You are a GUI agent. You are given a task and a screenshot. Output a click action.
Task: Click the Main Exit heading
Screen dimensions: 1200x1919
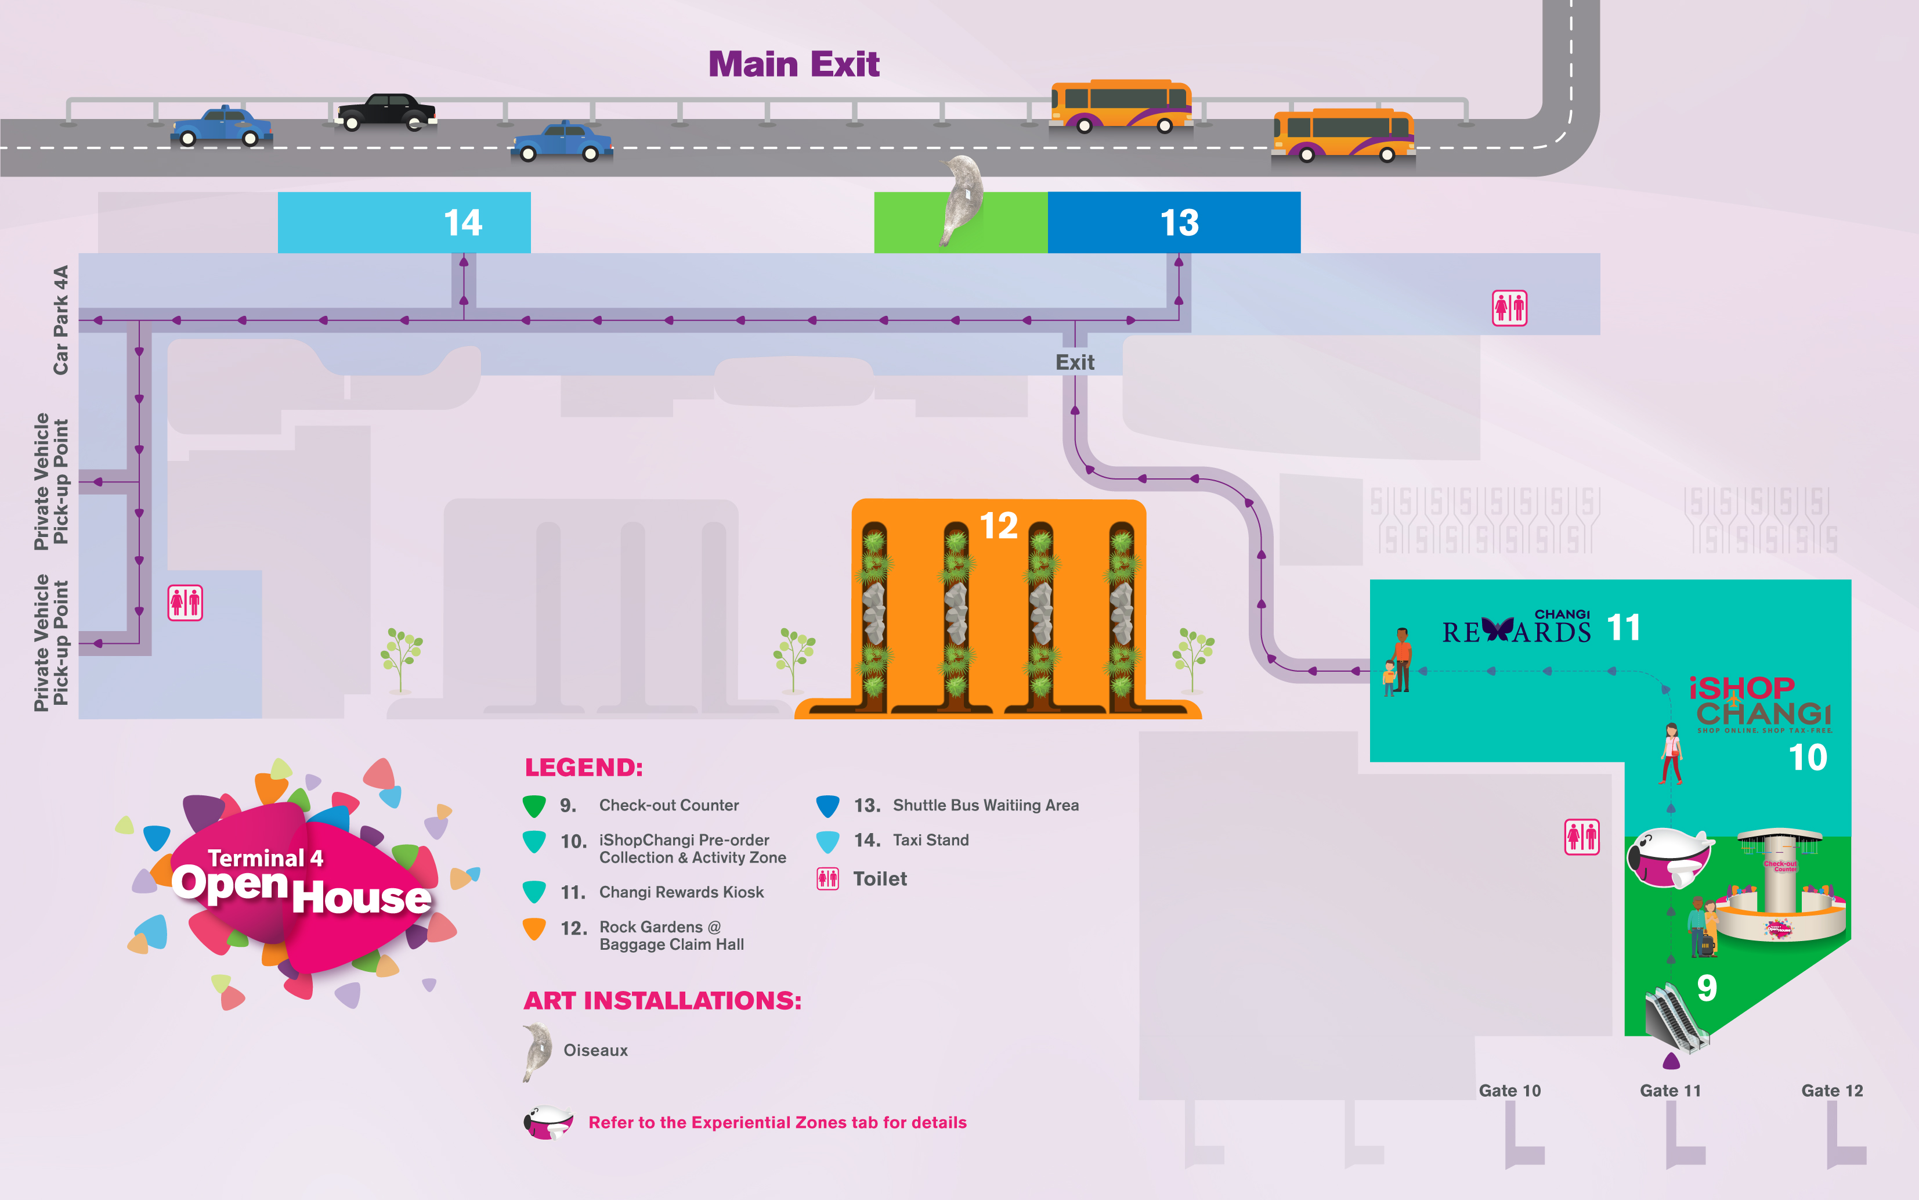(793, 64)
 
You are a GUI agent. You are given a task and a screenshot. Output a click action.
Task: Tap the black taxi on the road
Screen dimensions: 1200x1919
(385, 112)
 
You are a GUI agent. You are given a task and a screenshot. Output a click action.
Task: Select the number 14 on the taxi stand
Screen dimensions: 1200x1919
(462, 223)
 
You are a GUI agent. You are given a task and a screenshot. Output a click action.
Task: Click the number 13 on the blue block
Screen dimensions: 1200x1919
(1179, 223)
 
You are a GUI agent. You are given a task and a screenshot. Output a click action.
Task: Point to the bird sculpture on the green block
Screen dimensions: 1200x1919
(962, 199)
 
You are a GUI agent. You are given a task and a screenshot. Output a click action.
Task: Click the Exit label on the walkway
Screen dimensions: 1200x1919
(1074, 363)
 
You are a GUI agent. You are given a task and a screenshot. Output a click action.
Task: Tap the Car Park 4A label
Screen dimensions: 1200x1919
(60, 320)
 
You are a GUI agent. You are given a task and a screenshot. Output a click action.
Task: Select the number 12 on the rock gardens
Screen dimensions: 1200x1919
(998, 525)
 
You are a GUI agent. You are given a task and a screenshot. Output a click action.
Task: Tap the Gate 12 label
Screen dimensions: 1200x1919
(1832, 1090)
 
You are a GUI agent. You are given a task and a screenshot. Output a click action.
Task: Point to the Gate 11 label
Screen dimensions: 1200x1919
(1670, 1090)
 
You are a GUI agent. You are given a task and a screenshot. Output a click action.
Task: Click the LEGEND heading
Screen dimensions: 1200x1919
(583, 767)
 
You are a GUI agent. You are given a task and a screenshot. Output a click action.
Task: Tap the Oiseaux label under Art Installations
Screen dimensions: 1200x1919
(595, 1050)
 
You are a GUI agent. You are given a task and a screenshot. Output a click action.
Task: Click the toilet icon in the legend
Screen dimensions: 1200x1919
(827, 878)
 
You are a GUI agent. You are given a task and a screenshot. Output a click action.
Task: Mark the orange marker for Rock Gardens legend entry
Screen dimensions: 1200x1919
(534, 928)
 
